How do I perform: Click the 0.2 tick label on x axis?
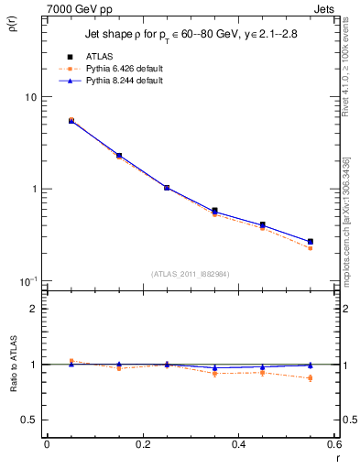(142, 444)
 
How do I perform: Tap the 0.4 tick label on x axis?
(238, 444)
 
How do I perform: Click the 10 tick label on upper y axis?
(30, 97)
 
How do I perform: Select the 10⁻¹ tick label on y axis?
(28, 280)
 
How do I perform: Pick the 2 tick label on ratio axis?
(34, 309)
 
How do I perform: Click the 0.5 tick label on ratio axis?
(30, 420)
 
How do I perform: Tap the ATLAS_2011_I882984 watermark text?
(191, 274)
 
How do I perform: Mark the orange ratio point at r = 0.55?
(311, 378)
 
